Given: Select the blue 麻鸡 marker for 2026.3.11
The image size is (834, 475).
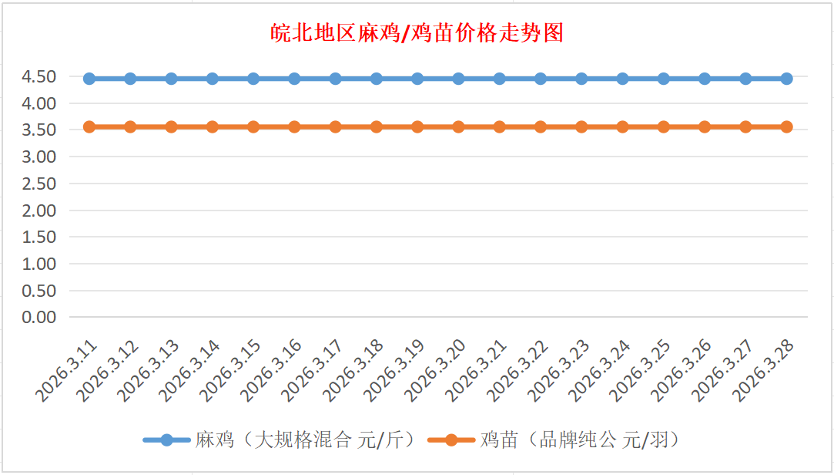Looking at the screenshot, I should point(89,79).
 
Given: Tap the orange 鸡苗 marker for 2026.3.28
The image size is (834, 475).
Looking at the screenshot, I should point(786,126).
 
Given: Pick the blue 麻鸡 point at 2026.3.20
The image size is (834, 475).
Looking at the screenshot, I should point(458,79).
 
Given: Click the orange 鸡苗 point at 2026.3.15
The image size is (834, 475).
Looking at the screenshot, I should point(253,126).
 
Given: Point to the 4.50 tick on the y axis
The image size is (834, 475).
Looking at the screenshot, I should point(39,76).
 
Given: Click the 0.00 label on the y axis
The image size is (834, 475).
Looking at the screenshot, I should point(39,317).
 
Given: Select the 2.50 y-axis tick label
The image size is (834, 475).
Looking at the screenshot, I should point(39,184).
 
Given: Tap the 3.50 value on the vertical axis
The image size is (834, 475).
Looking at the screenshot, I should point(39,130).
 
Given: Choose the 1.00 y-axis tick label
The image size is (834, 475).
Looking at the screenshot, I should point(39,264).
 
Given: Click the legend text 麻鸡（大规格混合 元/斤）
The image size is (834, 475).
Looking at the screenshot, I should point(306,440).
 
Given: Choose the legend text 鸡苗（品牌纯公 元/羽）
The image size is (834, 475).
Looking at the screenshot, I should point(580,440).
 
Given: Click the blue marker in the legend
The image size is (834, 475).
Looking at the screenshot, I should point(167,440).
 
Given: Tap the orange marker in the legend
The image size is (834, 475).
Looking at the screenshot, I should point(450,440).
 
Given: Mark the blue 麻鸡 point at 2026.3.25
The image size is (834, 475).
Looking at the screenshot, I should point(663,79).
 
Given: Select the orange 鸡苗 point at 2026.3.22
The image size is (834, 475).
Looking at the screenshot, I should point(541,126).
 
